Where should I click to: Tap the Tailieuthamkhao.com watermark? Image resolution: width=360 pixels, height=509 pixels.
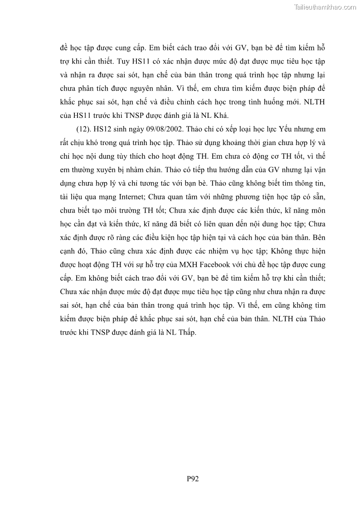(325, 7)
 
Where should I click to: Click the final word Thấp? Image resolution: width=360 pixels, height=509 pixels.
(186, 332)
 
